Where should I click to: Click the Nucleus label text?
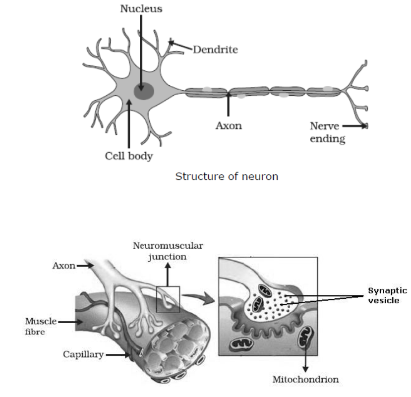(141, 9)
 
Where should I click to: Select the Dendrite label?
(215, 49)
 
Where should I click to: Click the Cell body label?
(129, 156)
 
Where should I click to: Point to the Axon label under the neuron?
(229, 125)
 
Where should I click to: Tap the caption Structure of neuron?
(227, 176)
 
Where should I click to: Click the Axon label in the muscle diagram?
(63, 265)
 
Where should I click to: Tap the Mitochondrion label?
(305, 380)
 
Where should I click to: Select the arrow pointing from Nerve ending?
(355, 126)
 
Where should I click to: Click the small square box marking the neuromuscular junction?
(167, 299)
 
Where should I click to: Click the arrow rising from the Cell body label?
(129, 123)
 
